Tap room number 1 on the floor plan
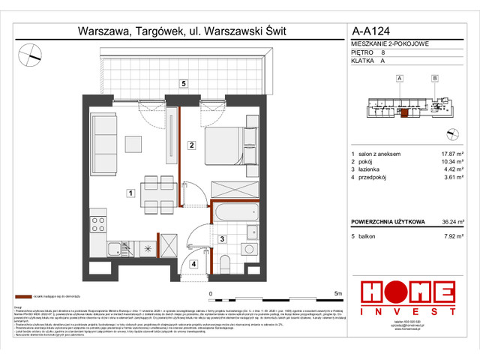click(x=130, y=193)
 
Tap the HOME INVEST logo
click(x=407, y=297)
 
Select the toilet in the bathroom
click(x=225, y=261)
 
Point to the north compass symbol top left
click(x=30, y=52)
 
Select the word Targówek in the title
click(x=154, y=31)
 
